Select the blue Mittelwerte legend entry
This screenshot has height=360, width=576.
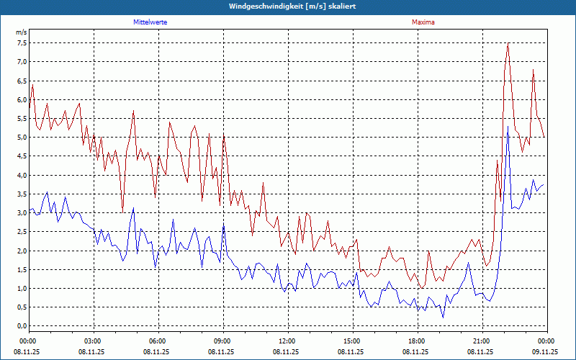coord(150,22)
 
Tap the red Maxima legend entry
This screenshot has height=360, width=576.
coord(423,22)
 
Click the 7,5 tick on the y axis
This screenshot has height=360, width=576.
coord(22,43)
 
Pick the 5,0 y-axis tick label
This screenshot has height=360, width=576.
coord(22,138)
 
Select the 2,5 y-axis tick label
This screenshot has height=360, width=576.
coord(22,232)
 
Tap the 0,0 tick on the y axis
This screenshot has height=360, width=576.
coord(22,326)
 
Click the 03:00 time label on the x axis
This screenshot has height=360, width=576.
coord(92,341)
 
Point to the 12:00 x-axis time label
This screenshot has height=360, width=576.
coord(287,341)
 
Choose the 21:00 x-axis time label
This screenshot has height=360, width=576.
coord(481,341)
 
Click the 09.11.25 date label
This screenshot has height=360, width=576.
coord(545,352)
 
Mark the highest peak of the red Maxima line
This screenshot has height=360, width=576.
coord(508,45)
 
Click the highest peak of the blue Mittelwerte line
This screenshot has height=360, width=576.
coord(508,127)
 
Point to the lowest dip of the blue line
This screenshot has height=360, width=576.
coord(443,317)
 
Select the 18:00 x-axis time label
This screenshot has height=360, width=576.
coord(416,341)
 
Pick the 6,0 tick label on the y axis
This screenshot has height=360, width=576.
coord(22,100)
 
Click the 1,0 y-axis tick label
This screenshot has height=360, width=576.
coord(22,289)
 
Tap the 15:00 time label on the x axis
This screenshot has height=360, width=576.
coord(351,341)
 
